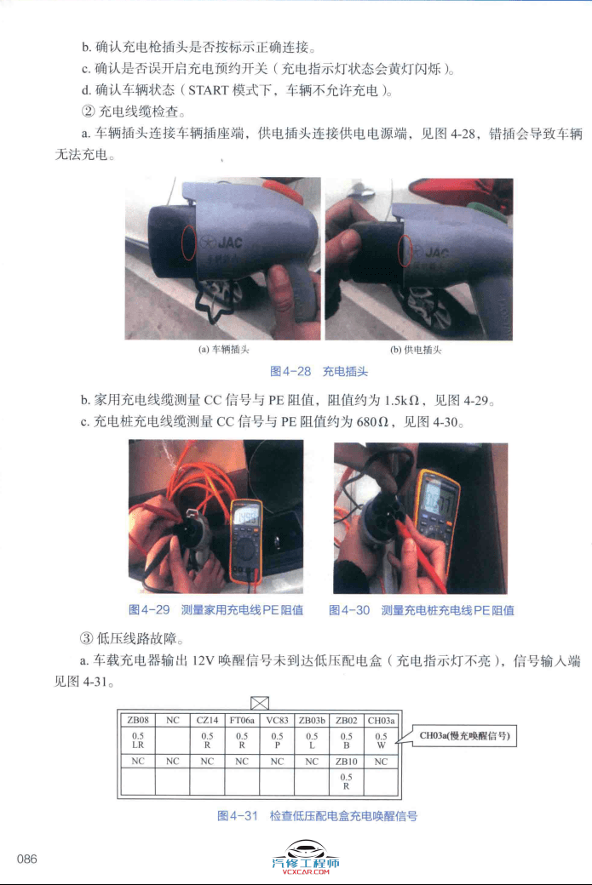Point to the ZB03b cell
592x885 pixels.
click(312, 719)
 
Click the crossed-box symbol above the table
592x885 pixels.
click(260, 702)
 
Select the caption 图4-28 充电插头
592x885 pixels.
click(319, 371)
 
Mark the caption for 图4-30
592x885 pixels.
click(421, 609)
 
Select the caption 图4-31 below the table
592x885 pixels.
click(317, 815)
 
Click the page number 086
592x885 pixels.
click(27, 859)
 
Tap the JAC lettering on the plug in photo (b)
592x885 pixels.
click(436, 253)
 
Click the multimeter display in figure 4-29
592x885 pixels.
click(247, 516)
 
